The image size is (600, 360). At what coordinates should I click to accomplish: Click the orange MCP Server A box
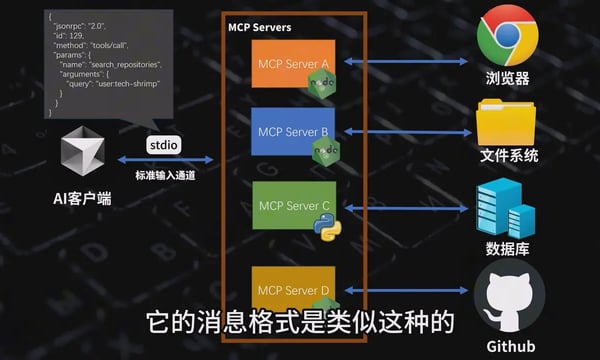click(292, 62)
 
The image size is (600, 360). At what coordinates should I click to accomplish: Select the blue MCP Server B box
click(292, 131)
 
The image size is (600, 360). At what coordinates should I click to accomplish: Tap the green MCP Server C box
click(292, 206)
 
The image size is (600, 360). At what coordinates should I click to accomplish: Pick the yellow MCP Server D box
click(292, 289)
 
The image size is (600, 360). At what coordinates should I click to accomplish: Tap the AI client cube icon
click(83, 155)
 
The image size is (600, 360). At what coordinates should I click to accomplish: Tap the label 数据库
click(507, 247)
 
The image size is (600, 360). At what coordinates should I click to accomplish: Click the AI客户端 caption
click(82, 199)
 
